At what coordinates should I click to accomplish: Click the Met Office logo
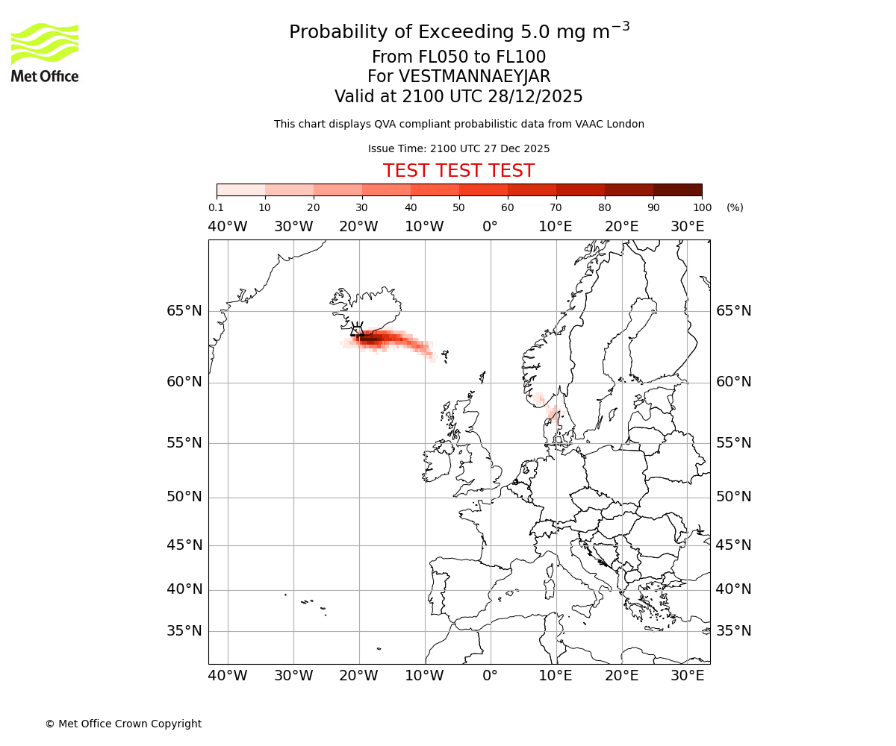[45, 52]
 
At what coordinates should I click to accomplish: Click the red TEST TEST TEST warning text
[458, 172]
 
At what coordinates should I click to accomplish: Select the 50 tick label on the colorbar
[458, 207]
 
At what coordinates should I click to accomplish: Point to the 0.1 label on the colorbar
[216, 207]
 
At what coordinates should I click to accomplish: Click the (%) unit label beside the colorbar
[735, 207]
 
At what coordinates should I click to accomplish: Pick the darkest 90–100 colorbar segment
[677, 189]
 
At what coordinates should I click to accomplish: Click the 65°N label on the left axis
[184, 311]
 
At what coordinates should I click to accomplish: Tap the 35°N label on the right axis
[734, 631]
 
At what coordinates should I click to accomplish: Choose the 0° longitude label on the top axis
[490, 227]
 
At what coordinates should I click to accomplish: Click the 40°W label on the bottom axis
[228, 676]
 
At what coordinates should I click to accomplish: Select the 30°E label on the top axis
[687, 227]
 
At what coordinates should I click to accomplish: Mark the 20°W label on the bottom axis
[358, 676]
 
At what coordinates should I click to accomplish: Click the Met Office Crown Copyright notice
[123, 724]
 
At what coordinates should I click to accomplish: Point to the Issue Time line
[458, 148]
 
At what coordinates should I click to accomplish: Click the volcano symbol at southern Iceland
[357, 330]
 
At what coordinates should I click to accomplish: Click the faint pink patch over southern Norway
[553, 413]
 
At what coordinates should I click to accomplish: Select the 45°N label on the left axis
[184, 545]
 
